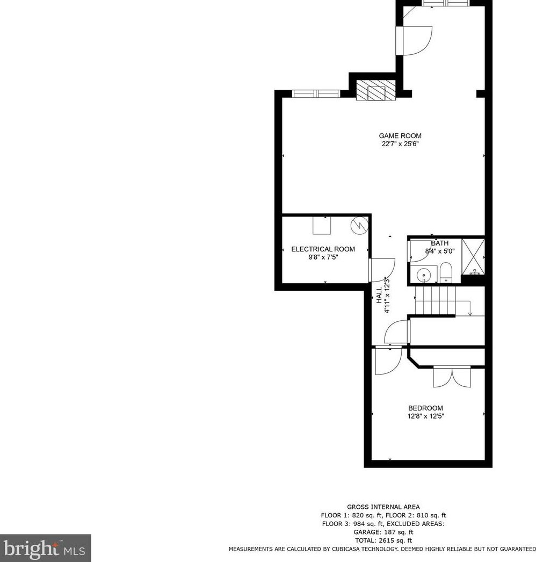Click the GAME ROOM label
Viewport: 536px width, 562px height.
pos(400,136)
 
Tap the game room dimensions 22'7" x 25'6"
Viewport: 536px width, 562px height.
pos(400,144)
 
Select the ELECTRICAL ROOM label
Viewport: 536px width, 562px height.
pos(323,249)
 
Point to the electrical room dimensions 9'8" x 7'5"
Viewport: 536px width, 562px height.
pos(323,257)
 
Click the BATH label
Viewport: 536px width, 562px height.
pos(439,243)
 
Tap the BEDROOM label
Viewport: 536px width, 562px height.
pos(425,408)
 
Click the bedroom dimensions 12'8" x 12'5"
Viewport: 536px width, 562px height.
pos(425,416)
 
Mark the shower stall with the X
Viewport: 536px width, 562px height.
pos(473,256)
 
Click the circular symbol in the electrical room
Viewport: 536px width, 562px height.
pos(358,225)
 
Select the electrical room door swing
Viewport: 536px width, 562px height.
pos(382,269)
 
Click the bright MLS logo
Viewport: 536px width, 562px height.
pos(45,548)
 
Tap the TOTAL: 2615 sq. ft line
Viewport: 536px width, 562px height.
pos(383,541)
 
